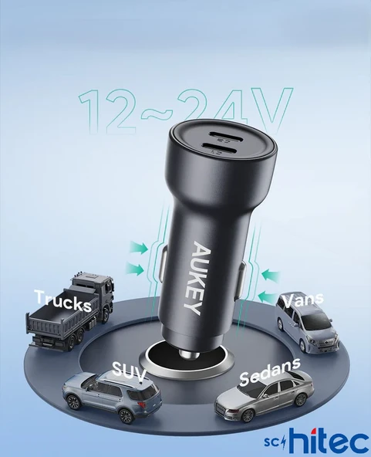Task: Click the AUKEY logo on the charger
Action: point(199,277)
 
